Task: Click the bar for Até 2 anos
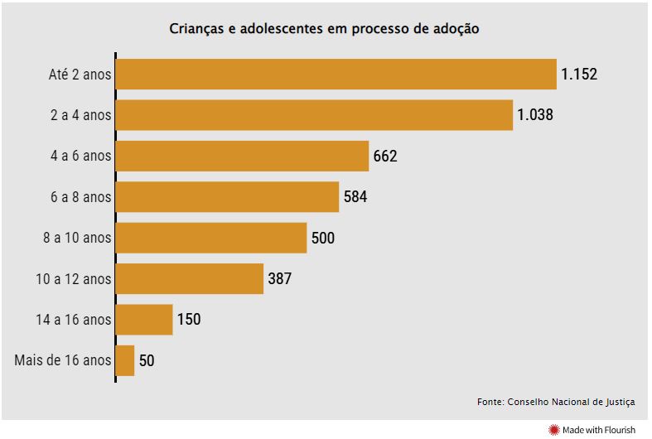336,75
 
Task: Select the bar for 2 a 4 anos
314,115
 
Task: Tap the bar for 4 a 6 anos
242,156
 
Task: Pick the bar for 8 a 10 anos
211,238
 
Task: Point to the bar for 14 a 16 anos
144,320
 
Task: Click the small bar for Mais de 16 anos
125,360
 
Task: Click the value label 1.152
578,75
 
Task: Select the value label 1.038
534,115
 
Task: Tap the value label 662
385,156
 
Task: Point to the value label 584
355,197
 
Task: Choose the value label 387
280,279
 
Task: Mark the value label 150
189,320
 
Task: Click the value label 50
147,360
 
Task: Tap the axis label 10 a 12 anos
73,279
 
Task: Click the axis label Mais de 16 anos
63,360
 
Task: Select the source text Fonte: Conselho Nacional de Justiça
556,402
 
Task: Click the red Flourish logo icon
553,429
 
